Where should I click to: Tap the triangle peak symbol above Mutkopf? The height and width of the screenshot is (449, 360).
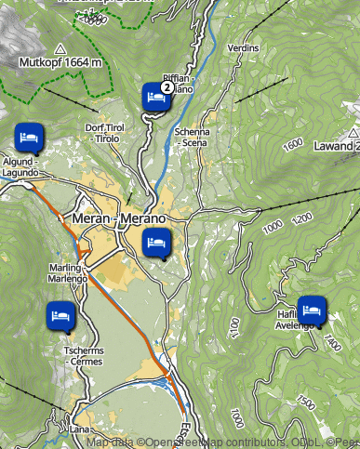point(60,48)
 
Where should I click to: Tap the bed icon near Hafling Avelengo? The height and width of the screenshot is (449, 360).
point(311,308)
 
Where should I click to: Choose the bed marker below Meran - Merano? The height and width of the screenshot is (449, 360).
point(155,244)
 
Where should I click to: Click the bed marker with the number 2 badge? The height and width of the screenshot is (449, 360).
point(155,96)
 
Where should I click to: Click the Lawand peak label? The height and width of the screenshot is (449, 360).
point(335,146)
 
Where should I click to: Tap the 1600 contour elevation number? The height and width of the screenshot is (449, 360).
point(294,145)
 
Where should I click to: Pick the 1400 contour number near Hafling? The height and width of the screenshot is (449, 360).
point(333,343)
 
